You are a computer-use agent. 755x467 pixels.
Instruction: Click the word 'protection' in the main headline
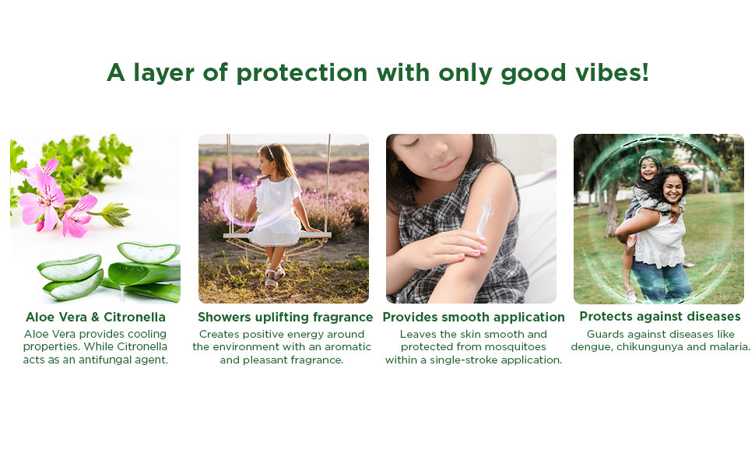[x=302, y=73]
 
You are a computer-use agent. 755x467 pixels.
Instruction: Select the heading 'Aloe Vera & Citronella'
[x=95, y=317]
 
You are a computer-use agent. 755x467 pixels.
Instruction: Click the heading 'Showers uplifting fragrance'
[x=285, y=318]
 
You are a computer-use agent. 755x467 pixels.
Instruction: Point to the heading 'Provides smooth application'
[x=473, y=318]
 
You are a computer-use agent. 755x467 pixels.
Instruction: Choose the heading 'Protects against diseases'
[x=660, y=316]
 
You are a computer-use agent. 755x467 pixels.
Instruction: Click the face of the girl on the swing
[x=265, y=162]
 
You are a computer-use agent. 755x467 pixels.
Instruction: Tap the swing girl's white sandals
[x=273, y=279]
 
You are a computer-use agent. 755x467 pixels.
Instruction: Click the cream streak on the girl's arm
[x=484, y=216]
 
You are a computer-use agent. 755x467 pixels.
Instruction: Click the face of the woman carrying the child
[x=673, y=188]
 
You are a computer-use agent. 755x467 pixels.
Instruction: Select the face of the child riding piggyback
[x=648, y=168]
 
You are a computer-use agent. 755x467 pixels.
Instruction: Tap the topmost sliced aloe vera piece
[x=149, y=252]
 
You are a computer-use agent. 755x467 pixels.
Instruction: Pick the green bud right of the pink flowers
[x=114, y=214]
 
